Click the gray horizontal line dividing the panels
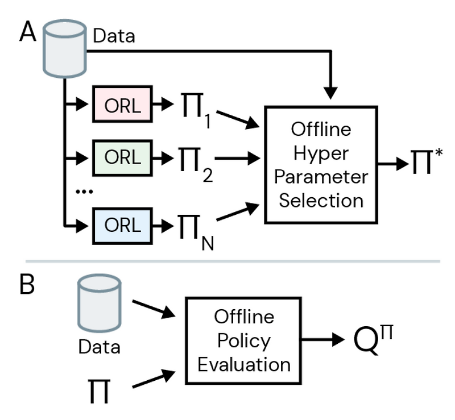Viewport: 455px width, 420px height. (227, 261)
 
